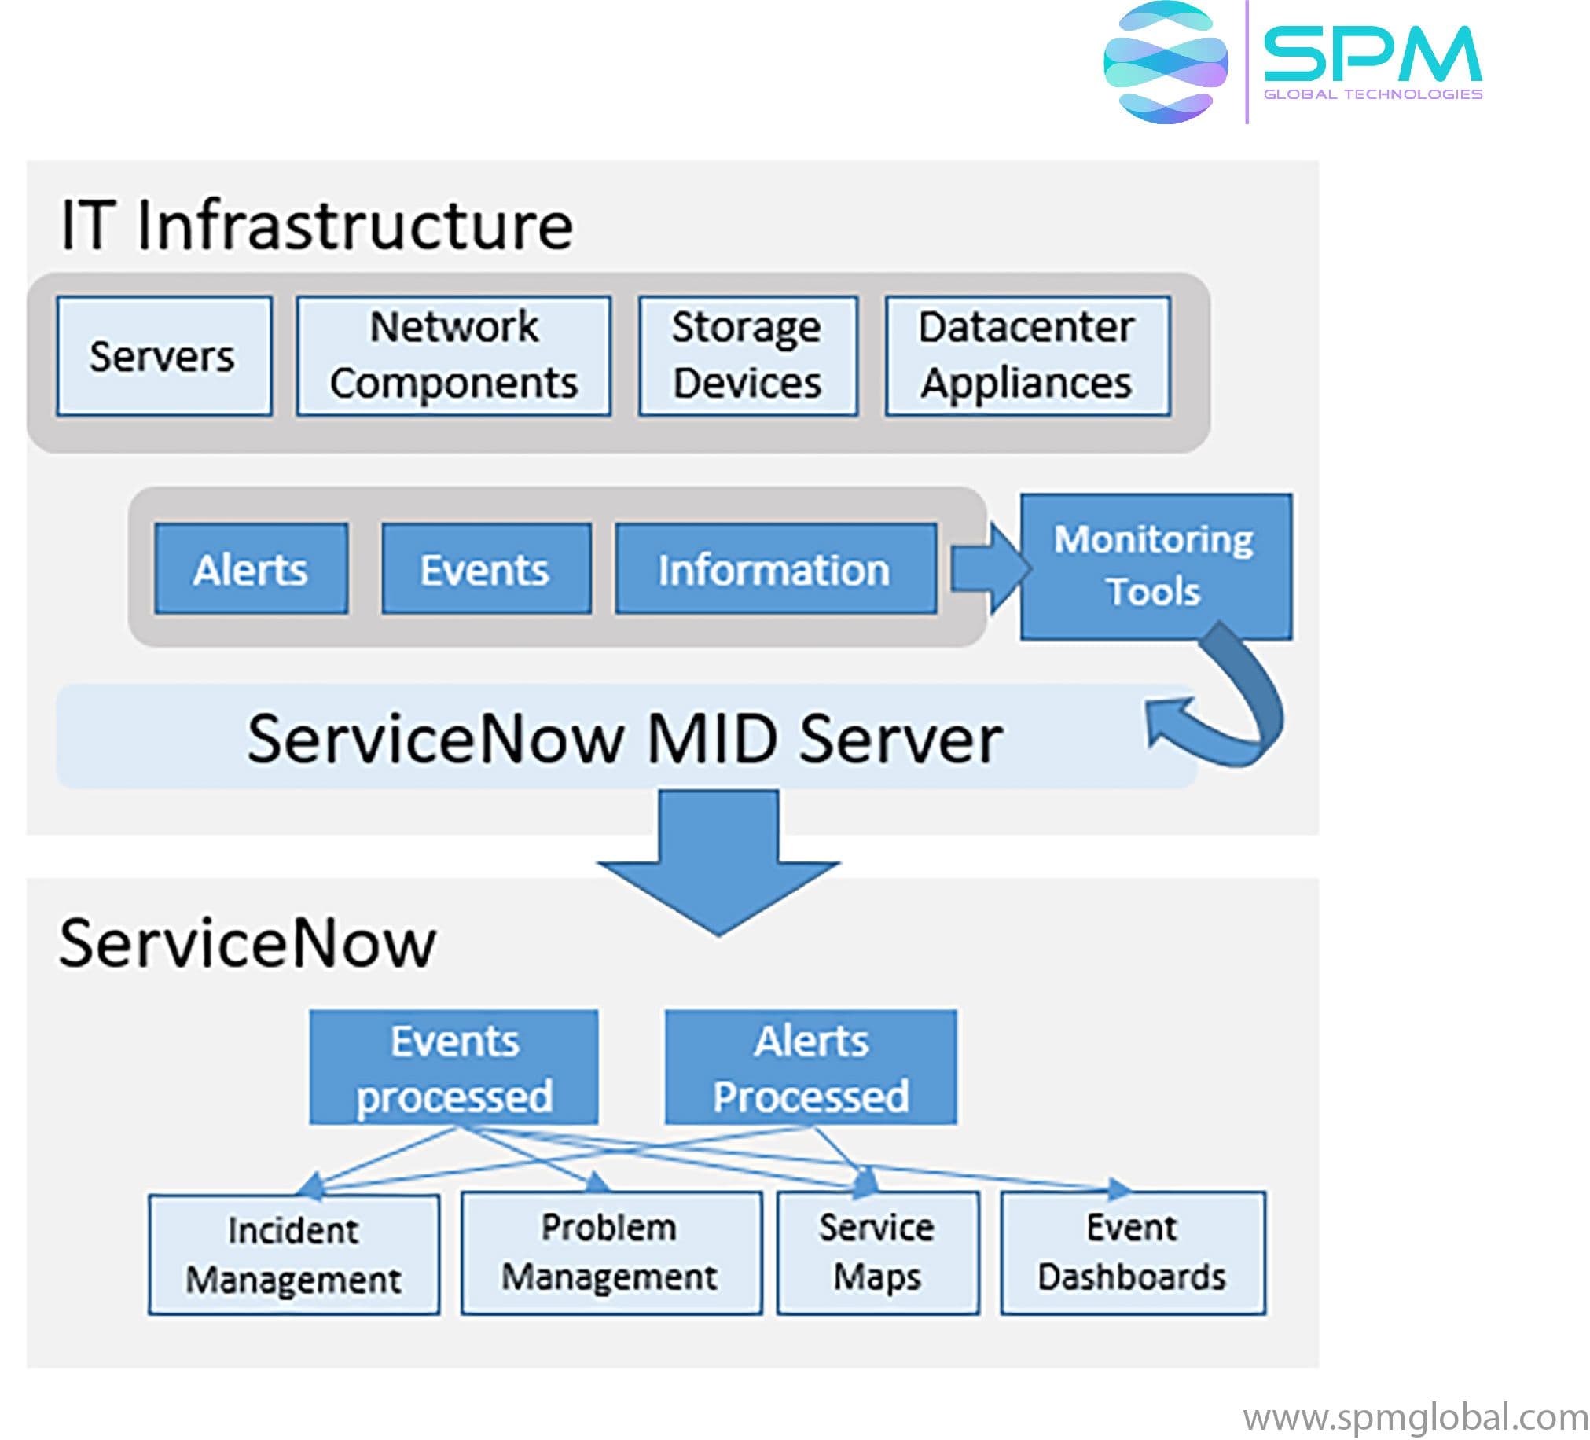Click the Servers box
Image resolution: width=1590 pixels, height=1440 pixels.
point(164,355)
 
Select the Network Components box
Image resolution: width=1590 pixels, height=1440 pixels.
point(453,355)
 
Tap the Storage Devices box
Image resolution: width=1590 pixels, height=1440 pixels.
point(747,355)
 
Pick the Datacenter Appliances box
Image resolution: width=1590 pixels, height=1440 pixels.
point(1027,355)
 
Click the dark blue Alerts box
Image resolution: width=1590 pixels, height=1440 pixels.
point(251,568)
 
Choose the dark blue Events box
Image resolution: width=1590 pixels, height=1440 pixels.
point(486,568)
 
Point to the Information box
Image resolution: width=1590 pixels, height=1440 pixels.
point(775,568)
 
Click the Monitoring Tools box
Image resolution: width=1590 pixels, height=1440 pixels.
point(1155,564)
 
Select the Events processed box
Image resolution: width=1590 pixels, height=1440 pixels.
point(453,1067)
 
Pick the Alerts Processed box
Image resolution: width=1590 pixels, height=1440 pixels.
point(810,1067)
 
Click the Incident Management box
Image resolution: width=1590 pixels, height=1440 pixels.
point(293,1254)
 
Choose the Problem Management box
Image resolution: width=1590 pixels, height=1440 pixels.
point(611,1252)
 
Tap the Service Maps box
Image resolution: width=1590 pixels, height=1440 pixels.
point(877,1252)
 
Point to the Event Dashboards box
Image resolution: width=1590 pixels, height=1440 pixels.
point(1132,1252)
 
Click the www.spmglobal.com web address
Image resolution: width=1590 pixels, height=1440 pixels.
point(1415,1418)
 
